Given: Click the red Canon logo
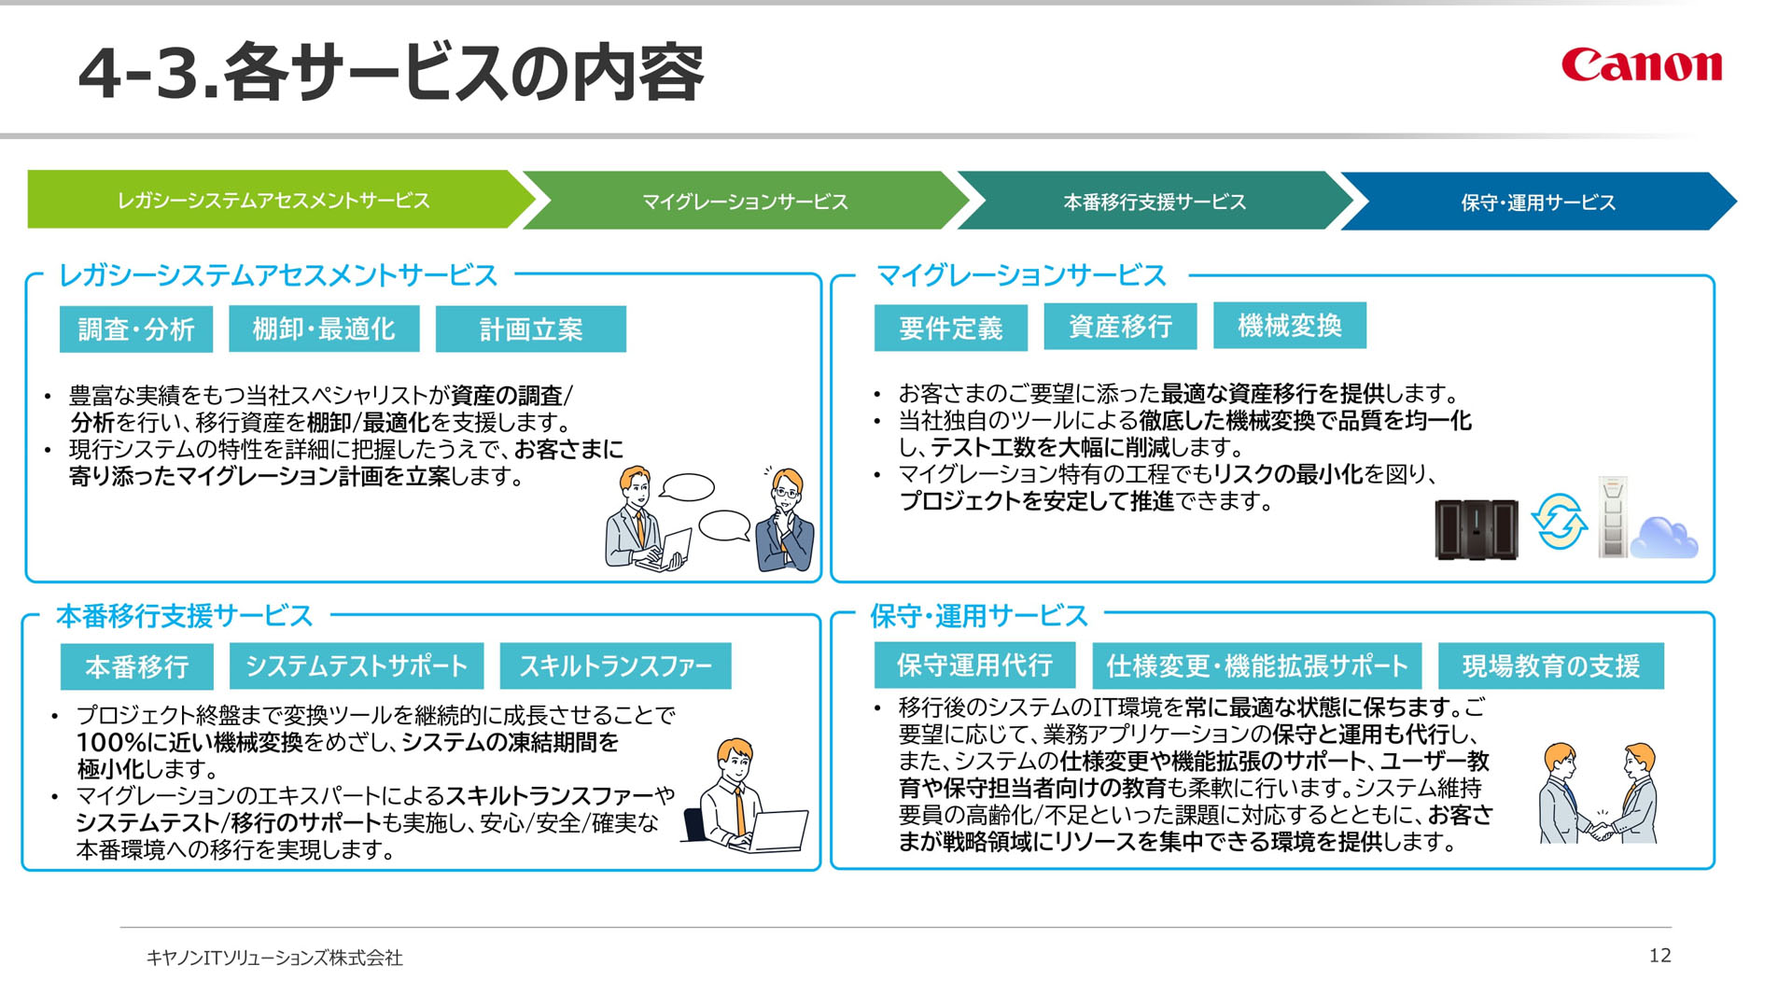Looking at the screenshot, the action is coord(1642,64).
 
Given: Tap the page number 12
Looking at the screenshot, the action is coord(1659,955).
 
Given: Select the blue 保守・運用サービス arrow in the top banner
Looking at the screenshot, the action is coord(1538,202).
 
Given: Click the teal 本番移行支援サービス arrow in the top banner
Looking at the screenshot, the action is coord(1155,202).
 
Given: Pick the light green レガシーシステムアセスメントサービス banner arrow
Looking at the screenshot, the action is coord(281,200).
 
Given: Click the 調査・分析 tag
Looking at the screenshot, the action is coord(136,329).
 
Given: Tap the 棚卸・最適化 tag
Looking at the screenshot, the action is coord(324,329).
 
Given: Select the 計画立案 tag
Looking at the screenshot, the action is coord(531,329).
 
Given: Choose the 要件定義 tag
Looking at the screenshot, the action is coord(951,328).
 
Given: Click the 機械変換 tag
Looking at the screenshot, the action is coord(1290,326).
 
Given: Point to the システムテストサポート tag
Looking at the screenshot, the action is coord(357,666).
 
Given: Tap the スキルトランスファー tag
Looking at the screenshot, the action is coord(616,666).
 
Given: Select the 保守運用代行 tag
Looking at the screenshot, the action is coord(974,665).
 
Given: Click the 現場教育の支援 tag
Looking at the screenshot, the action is coord(1551,665).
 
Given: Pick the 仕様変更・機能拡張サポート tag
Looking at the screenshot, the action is coord(1257,665).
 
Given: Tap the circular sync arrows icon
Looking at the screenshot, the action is coord(1559,523).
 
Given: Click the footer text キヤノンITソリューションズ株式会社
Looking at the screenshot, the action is coord(274,958).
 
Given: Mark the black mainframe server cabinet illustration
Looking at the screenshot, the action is coord(1477,530).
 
